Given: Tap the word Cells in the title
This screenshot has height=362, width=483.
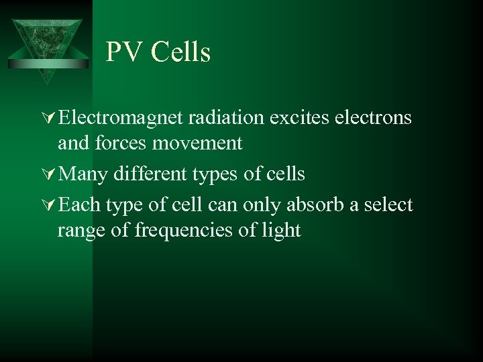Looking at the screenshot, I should click(180, 52).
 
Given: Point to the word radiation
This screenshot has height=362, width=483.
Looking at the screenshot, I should click(226, 118).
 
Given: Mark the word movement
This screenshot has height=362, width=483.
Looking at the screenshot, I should click(198, 143).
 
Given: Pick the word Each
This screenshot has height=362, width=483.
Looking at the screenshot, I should click(80, 205).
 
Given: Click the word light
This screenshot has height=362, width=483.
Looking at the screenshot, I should click(281, 231).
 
